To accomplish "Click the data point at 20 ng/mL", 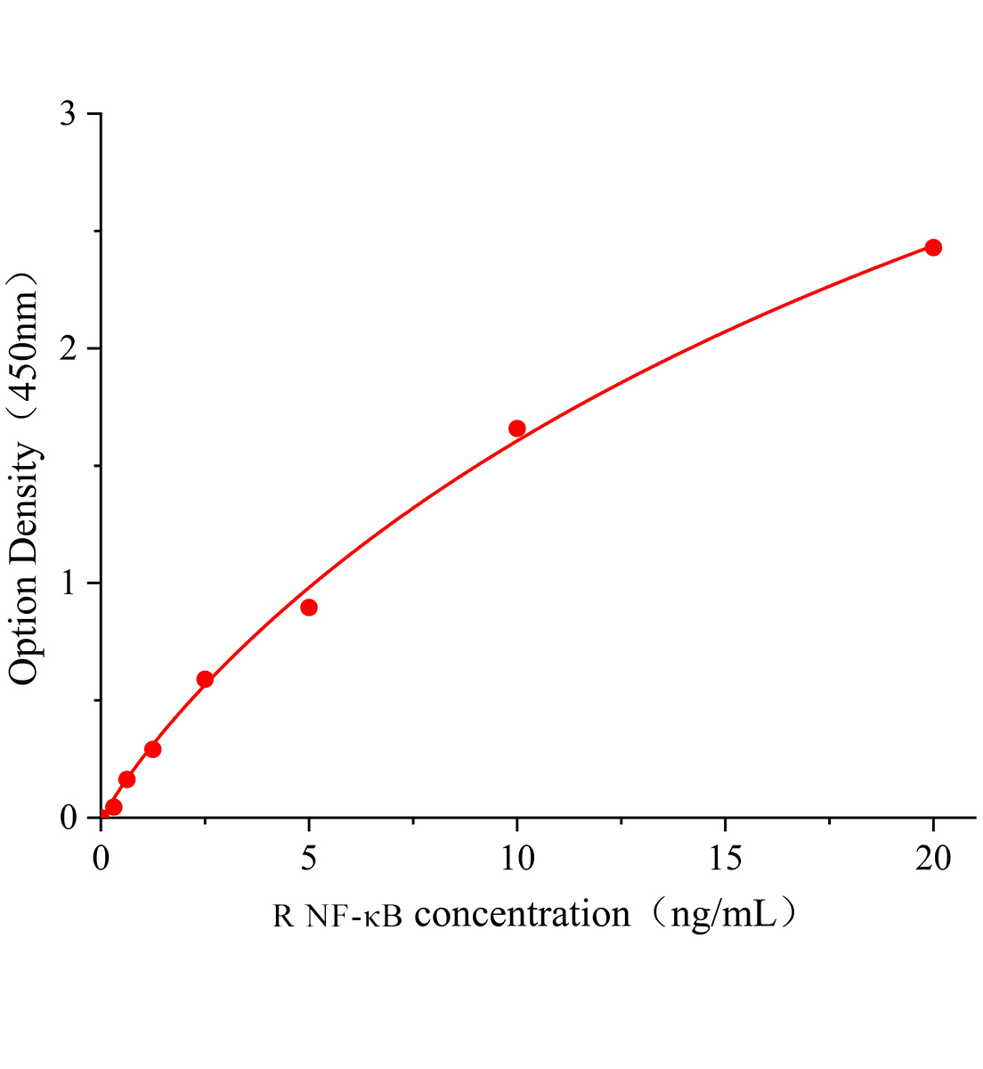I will pos(933,248).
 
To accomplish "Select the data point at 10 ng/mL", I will pos(517,428).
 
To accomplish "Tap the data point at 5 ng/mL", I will pos(309,608).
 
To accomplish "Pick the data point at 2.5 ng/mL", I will pos(205,680).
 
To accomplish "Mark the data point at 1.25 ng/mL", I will pos(153,749).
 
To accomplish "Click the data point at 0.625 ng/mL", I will pos(127,779).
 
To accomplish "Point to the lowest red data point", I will pos(114,807).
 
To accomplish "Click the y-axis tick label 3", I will pos(69,115).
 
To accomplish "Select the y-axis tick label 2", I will pos(69,349).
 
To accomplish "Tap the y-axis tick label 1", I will pos(69,583).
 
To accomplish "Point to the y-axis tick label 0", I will pos(69,818).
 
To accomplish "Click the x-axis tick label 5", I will pos(309,859).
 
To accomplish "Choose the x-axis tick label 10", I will pos(517,859).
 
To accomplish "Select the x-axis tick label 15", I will pos(726,859).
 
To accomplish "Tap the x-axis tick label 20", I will pos(933,859).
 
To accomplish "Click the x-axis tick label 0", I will pos(101,859).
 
